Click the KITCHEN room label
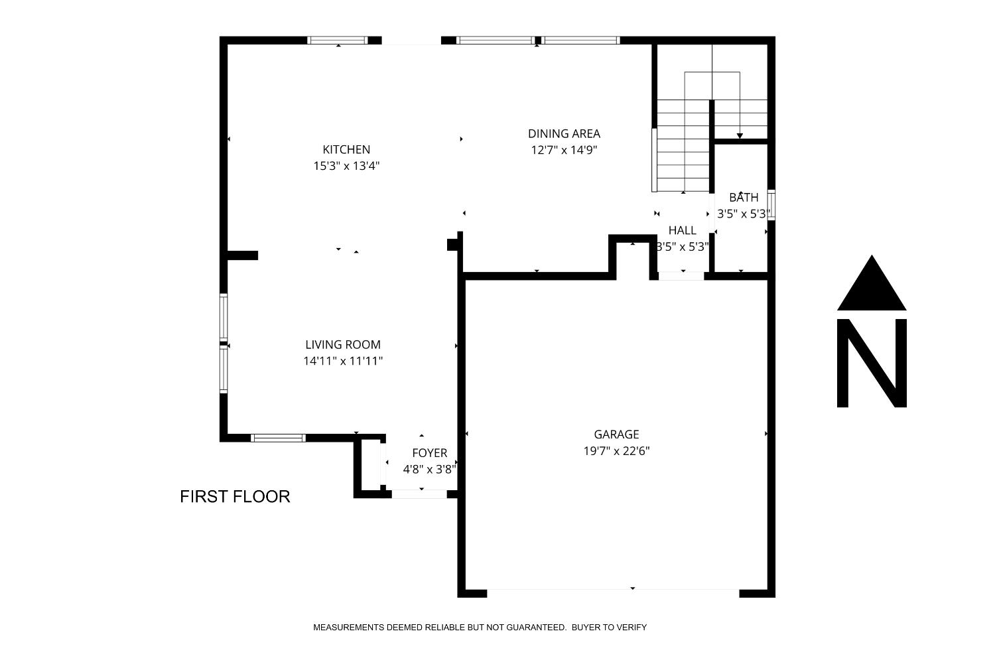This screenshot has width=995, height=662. (x=346, y=149)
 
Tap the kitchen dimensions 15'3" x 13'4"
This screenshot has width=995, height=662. (x=346, y=166)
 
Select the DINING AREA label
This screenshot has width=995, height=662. (x=564, y=133)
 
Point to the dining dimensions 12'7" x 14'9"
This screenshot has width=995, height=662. (x=564, y=150)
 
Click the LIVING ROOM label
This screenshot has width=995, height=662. (x=343, y=344)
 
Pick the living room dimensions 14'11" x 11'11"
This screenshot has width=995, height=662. (x=343, y=361)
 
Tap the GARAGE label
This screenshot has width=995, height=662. (x=616, y=434)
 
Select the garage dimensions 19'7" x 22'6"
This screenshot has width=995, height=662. (x=616, y=451)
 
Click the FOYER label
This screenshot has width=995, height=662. (x=430, y=453)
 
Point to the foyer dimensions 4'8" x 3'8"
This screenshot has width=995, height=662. (x=430, y=469)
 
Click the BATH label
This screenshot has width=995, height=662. (x=744, y=197)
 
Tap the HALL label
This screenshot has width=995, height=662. (x=682, y=230)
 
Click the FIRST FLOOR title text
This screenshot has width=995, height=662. (x=235, y=496)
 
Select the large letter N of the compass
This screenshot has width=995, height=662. (x=872, y=363)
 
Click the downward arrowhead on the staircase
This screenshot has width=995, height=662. (x=740, y=136)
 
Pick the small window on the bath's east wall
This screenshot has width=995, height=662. (x=771, y=204)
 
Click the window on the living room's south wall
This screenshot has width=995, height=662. (x=278, y=438)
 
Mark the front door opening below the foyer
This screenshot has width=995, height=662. (x=419, y=494)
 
